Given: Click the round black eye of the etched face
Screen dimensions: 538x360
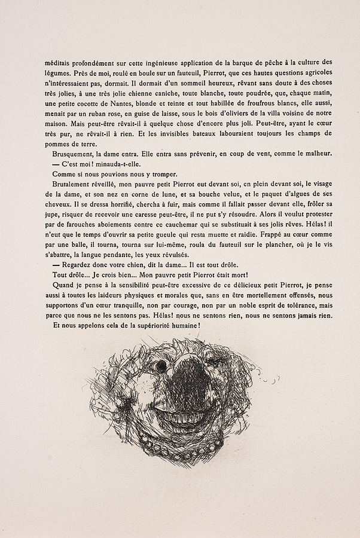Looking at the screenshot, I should coord(160,365).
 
